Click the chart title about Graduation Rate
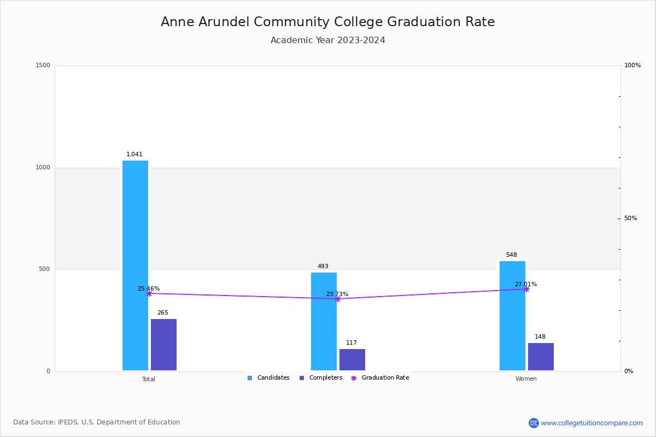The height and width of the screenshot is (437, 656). [x=327, y=22]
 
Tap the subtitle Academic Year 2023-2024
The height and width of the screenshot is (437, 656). [x=327, y=40]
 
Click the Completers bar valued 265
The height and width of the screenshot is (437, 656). [x=163, y=345]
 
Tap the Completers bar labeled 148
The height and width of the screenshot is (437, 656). [x=541, y=357]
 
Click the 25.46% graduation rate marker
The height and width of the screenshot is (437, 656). [x=149, y=293]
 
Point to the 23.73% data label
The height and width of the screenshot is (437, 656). [x=337, y=294]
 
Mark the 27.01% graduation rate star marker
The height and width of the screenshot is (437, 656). [x=526, y=289]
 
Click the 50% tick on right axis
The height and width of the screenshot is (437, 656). [x=630, y=218]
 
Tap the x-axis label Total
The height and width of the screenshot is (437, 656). [x=149, y=379]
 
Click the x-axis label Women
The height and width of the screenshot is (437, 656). [x=526, y=379]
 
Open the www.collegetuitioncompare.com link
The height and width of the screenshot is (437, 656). [x=591, y=423]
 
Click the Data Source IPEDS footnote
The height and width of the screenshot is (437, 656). [x=97, y=422]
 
